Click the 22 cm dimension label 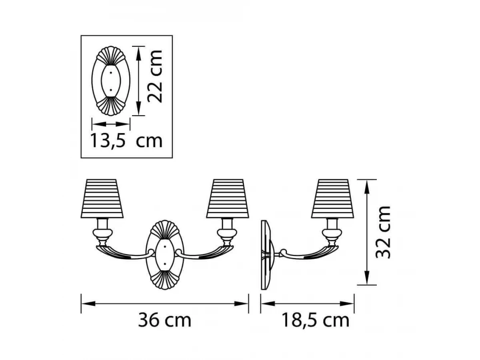click(155, 76)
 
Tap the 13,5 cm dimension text click(126, 141)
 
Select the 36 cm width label click(165, 320)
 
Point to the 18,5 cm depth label click(316, 320)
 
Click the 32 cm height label click(383, 232)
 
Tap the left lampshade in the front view click(102, 199)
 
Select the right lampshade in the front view click(228, 199)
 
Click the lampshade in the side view click(333, 199)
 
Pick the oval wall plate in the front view click(165, 255)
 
